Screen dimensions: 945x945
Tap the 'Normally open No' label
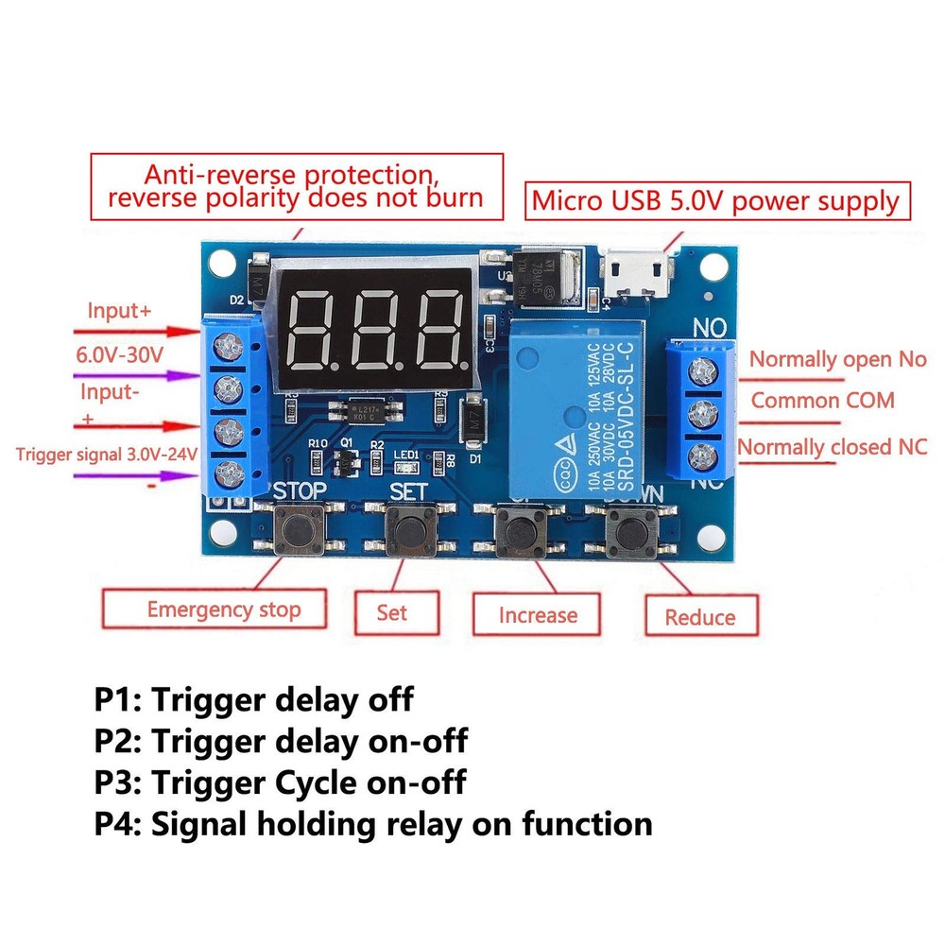(x=837, y=359)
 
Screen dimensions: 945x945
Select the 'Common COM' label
(x=822, y=401)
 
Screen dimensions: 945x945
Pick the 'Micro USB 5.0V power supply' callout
(x=714, y=201)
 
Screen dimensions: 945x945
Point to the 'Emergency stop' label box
(x=223, y=610)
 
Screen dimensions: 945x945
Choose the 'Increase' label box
(x=537, y=616)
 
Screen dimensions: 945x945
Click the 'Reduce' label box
(x=700, y=617)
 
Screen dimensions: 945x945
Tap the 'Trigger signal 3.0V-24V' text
(x=106, y=454)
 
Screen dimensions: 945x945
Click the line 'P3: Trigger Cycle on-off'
(x=280, y=782)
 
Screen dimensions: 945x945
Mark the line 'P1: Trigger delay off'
(x=253, y=700)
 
